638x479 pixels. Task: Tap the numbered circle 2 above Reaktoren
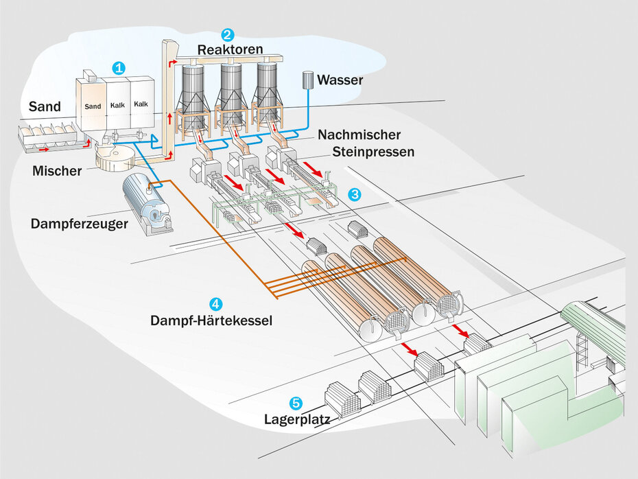click(x=228, y=34)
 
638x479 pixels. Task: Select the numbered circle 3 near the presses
click(x=354, y=194)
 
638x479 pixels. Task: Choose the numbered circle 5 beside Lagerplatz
click(x=296, y=403)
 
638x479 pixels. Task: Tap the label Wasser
click(x=340, y=80)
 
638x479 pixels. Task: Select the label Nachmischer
click(x=359, y=135)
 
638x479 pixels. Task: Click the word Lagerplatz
click(x=297, y=418)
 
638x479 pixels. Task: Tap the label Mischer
click(x=57, y=170)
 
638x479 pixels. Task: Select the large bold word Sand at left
click(x=45, y=106)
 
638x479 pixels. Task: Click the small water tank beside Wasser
click(x=309, y=80)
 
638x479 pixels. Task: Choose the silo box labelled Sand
click(x=93, y=104)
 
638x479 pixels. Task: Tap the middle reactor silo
click(x=231, y=87)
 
